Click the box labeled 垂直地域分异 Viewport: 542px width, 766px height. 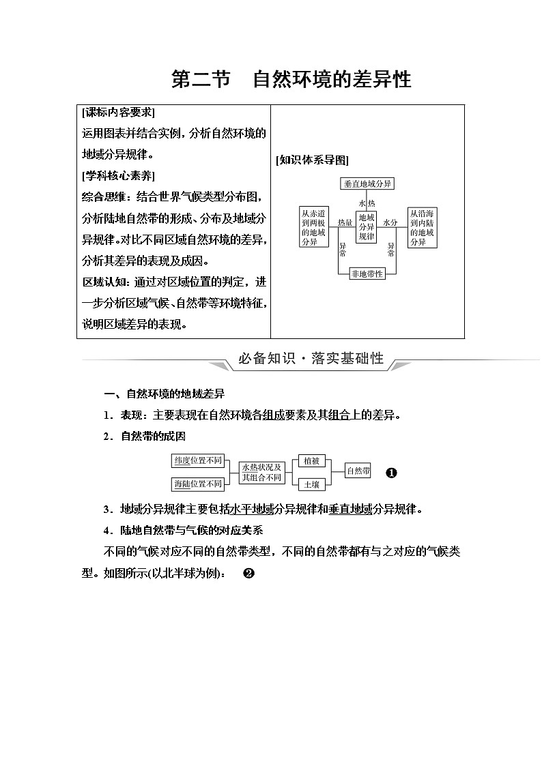pos(368,183)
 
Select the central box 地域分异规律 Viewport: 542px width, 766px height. pos(367,226)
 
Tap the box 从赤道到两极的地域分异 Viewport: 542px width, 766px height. pos(313,226)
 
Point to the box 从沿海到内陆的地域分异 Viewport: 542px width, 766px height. pos(423,227)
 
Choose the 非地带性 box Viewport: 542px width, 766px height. pos(367,274)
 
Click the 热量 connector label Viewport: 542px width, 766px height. pos(345,222)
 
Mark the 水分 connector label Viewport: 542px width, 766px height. pos(390,222)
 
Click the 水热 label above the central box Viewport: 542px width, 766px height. pos(367,203)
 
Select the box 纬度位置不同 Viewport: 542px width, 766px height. pos(198,460)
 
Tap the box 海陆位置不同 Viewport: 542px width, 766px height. pos(198,484)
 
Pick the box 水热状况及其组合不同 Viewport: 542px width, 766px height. pos(261,472)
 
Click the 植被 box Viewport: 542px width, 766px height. pos(311,460)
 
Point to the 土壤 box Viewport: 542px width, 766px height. pos(311,484)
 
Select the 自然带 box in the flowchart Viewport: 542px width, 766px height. pos(358,471)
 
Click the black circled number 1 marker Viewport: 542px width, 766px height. pos(391,473)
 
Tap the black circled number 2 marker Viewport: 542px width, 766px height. pos(248,573)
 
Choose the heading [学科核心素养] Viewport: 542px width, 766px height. pos(118,176)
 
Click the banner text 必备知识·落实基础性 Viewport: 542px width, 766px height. pos(311,359)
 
